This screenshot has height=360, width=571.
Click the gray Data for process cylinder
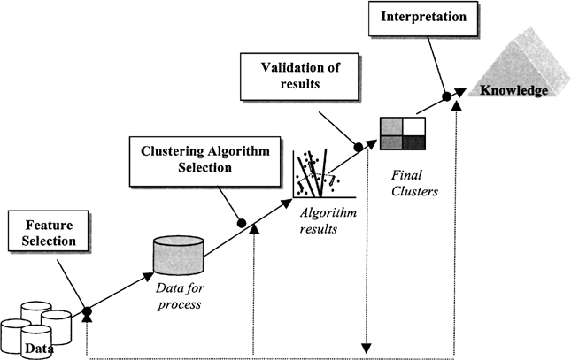179,253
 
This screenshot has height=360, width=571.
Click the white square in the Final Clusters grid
413,126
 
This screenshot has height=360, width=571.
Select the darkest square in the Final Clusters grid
413,142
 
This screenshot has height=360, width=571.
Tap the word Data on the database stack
36,348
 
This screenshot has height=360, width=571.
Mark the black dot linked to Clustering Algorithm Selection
242,223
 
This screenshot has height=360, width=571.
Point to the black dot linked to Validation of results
359,147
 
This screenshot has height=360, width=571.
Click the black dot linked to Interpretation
446,94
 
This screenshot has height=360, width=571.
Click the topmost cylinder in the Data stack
35,310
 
